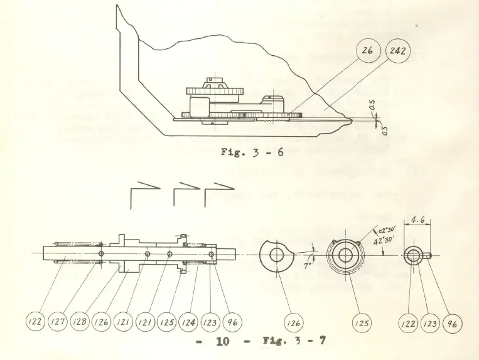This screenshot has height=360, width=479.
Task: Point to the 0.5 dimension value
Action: tap(372, 109)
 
